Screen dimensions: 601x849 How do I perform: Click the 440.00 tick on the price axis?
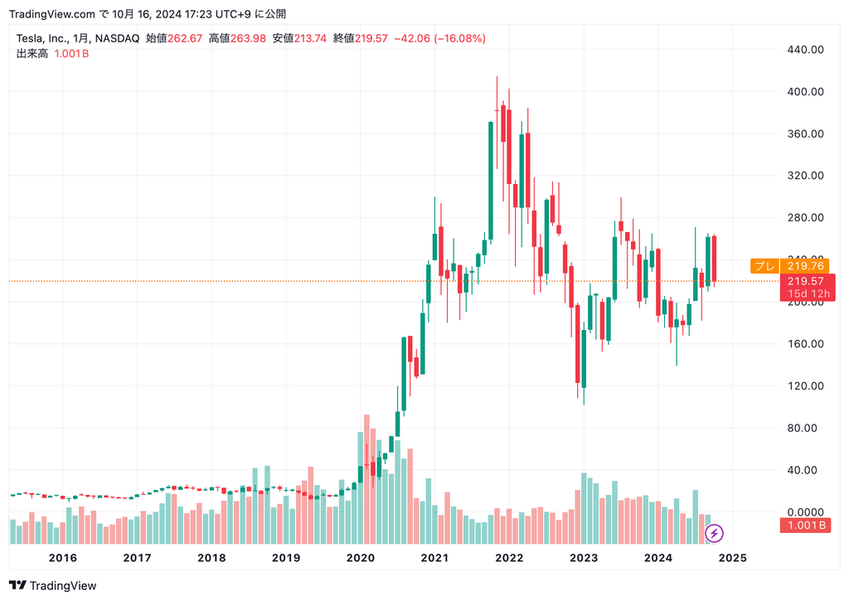tap(805, 50)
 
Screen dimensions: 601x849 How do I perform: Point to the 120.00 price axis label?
tap(805, 386)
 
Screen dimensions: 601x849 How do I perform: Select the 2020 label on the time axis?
tap(360, 558)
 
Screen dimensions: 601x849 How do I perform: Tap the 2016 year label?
tap(63, 558)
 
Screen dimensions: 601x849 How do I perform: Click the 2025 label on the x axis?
tap(732, 558)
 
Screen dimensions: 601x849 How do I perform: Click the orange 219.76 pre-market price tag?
tap(805, 266)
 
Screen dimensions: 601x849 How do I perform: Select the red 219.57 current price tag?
tap(805, 282)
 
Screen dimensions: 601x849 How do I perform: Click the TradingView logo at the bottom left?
tap(53, 586)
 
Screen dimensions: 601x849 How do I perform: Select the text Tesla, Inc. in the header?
tap(41, 38)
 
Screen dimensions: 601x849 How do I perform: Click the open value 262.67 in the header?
tap(185, 38)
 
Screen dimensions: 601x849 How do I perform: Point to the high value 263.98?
tap(248, 38)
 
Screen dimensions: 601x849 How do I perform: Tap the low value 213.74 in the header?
tap(310, 38)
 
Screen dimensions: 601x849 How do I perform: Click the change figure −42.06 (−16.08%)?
tap(439, 38)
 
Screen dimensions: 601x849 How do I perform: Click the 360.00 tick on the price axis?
tap(805, 134)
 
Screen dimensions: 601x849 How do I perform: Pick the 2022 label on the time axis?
tap(509, 558)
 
